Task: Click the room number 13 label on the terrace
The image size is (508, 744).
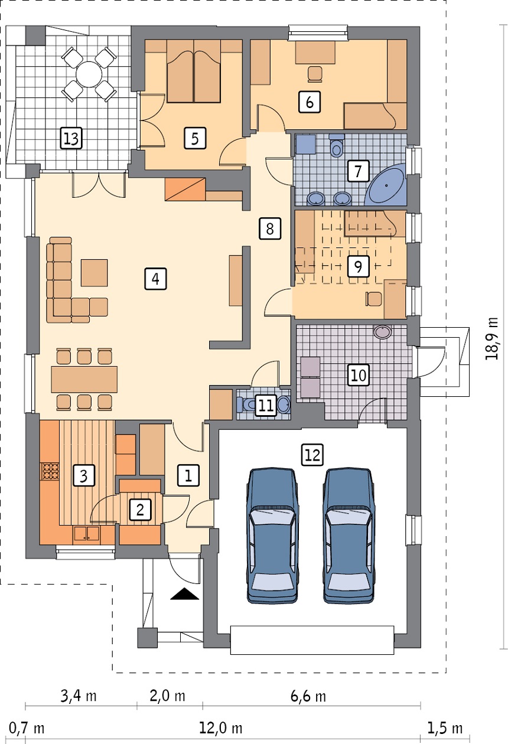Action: click(71, 138)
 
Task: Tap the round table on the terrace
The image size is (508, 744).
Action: click(89, 74)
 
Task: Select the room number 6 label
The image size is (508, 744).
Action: click(310, 102)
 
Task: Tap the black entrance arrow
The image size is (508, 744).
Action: click(184, 593)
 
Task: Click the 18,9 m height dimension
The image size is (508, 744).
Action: click(492, 338)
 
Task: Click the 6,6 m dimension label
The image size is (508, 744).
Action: click(308, 696)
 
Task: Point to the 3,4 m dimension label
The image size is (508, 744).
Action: click(79, 696)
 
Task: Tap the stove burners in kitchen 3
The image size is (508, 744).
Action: click(50, 471)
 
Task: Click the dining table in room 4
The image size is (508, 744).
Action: click(84, 379)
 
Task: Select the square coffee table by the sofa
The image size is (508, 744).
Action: click(95, 273)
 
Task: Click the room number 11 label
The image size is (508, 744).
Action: click(266, 405)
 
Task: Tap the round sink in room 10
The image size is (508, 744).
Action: click(383, 332)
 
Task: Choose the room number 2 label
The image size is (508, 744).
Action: click(140, 510)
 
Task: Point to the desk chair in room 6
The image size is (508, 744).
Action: click(315, 74)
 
